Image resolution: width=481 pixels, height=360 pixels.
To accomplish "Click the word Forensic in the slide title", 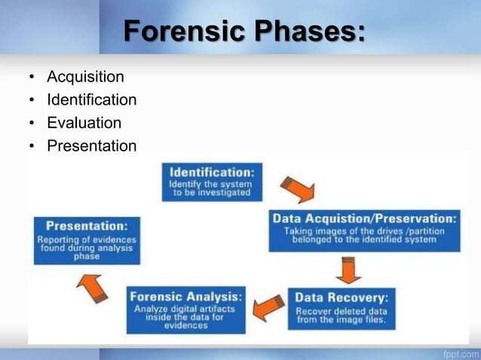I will coord(183,32).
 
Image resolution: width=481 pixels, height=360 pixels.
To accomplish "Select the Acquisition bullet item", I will coord(85,77).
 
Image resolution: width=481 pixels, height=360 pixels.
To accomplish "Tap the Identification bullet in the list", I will coord(91,99).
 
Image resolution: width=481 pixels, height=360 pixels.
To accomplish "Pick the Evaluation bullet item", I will coord(84,123).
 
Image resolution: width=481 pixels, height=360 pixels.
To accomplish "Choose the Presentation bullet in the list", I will coord(91,146).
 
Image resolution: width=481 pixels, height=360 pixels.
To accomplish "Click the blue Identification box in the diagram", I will coord(211,182).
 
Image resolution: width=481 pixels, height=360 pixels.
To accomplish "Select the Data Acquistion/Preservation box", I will coord(364,230).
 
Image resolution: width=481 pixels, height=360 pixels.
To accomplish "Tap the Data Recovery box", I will coord(341,308).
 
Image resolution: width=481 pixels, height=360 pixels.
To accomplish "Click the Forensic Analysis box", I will coord(185,309).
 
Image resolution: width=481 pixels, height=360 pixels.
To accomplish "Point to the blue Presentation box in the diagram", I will coord(87,240).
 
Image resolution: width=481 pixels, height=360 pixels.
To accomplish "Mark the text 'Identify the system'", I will coord(211,183).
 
